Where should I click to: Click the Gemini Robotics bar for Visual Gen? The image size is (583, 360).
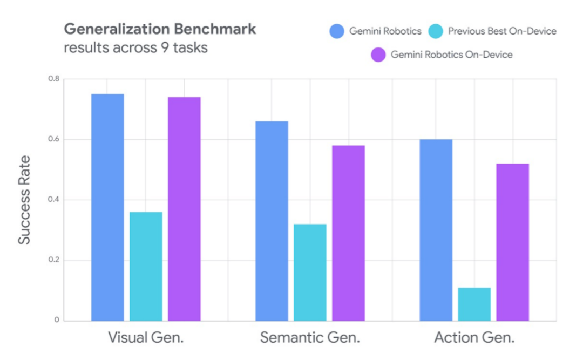pos(107,208)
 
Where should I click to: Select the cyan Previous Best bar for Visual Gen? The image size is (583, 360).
pos(146,267)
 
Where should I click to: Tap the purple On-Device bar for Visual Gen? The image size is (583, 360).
pos(184,209)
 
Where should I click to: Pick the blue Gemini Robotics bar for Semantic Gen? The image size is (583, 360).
pos(272,221)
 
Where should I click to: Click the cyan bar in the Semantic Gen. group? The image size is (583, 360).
pos(310,273)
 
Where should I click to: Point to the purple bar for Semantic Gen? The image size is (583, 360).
pos(348,233)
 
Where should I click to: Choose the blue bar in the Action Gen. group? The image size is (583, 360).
pos(436,230)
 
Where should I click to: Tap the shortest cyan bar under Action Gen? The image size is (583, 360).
pos(474,304)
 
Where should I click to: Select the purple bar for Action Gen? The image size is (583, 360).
pos(513,242)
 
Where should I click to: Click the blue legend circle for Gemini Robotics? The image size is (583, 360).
pos(337,31)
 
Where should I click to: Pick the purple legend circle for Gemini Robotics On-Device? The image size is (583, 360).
pos(378,55)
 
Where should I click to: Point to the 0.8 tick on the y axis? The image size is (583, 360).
pos(53,79)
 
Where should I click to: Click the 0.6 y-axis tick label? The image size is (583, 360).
pos(53,140)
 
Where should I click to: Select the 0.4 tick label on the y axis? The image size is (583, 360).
pos(53,200)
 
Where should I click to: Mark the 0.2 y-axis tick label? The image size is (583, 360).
pos(53,261)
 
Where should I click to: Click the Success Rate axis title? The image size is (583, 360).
pos(25,200)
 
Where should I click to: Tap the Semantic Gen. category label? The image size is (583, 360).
pos(310,338)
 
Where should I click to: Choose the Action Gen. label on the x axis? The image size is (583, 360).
pos(474,338)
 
